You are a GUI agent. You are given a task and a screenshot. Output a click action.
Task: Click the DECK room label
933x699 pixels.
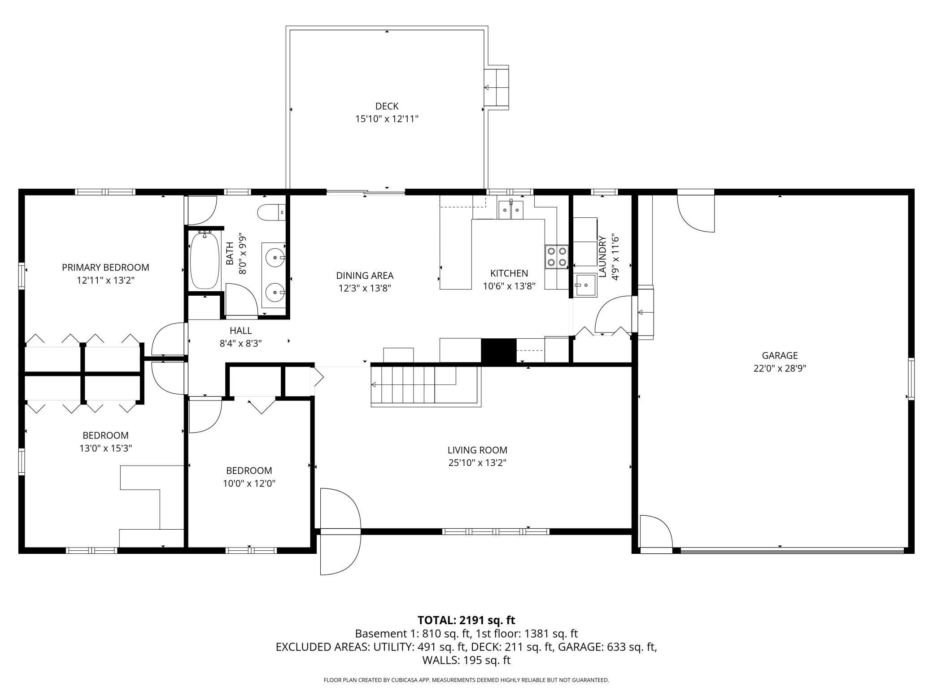(x=387, y=106)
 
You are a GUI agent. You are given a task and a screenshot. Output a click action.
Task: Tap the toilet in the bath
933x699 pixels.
(x=272, y=212)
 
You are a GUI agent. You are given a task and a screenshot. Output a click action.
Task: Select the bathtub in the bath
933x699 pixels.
(x=205, y=260)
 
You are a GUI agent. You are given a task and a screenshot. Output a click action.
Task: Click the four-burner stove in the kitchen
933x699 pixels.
(x=557, y=257)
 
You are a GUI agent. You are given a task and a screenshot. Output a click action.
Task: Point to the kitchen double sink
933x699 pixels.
(x=511, y=210)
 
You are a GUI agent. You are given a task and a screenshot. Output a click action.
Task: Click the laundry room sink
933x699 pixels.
(x=586, y=285)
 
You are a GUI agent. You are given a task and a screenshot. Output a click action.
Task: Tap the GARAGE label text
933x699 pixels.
(x=780, y=355)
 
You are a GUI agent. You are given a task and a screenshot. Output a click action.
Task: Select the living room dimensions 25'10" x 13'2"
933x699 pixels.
(x=477, y=463)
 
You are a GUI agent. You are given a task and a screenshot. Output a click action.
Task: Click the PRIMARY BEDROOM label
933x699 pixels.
(x=105, y=268)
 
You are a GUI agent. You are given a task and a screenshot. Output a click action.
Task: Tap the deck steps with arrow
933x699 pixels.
(x=497, y=88)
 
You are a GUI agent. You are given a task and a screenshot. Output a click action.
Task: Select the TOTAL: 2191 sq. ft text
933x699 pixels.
(x=466, y=620)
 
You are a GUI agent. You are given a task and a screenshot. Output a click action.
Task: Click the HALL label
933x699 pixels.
(x=240, y=331)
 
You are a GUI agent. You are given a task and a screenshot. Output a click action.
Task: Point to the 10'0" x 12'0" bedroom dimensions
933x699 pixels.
(x=249, y=483)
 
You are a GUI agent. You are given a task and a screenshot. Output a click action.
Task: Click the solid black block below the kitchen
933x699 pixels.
(x=498, y=351)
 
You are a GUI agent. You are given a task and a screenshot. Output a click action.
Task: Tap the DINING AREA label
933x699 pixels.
(x=365, y=276)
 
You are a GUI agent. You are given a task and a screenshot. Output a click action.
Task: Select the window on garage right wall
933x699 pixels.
(x=911, y=379)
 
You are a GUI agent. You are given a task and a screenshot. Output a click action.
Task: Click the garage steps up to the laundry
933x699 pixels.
(x=645, y=312)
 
